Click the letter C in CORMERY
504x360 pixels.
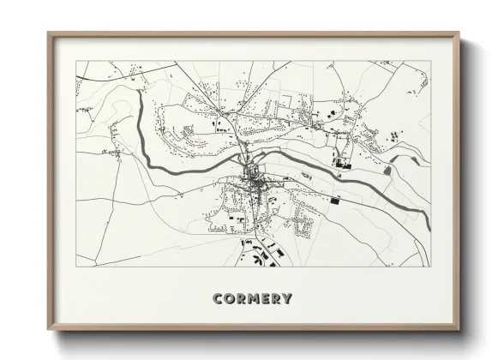pyautogui.click(x=217, y=299)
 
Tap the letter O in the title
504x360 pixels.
pyautogui.click(x=229, y=299)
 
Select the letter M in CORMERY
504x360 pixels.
pyautogui.click(x=255, y=299)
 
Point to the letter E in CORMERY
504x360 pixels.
pyautogui.click(x=266, y=299)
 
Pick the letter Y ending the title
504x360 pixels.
pyautogui.click(x=287, y=299)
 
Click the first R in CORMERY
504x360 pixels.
pyautogui.click(x=241, y=299)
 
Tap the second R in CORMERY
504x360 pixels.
pyautogui.click(x=276, y=299)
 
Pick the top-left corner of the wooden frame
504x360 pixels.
pyautogui.click(x=49, y=33)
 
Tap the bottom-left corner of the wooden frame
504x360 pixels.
pyautogui.click(x=49, y=330)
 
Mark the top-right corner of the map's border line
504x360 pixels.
pyautogui.click(x=429, y=61)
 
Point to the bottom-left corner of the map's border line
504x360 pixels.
pyautogui.click(x=76, y=267)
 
